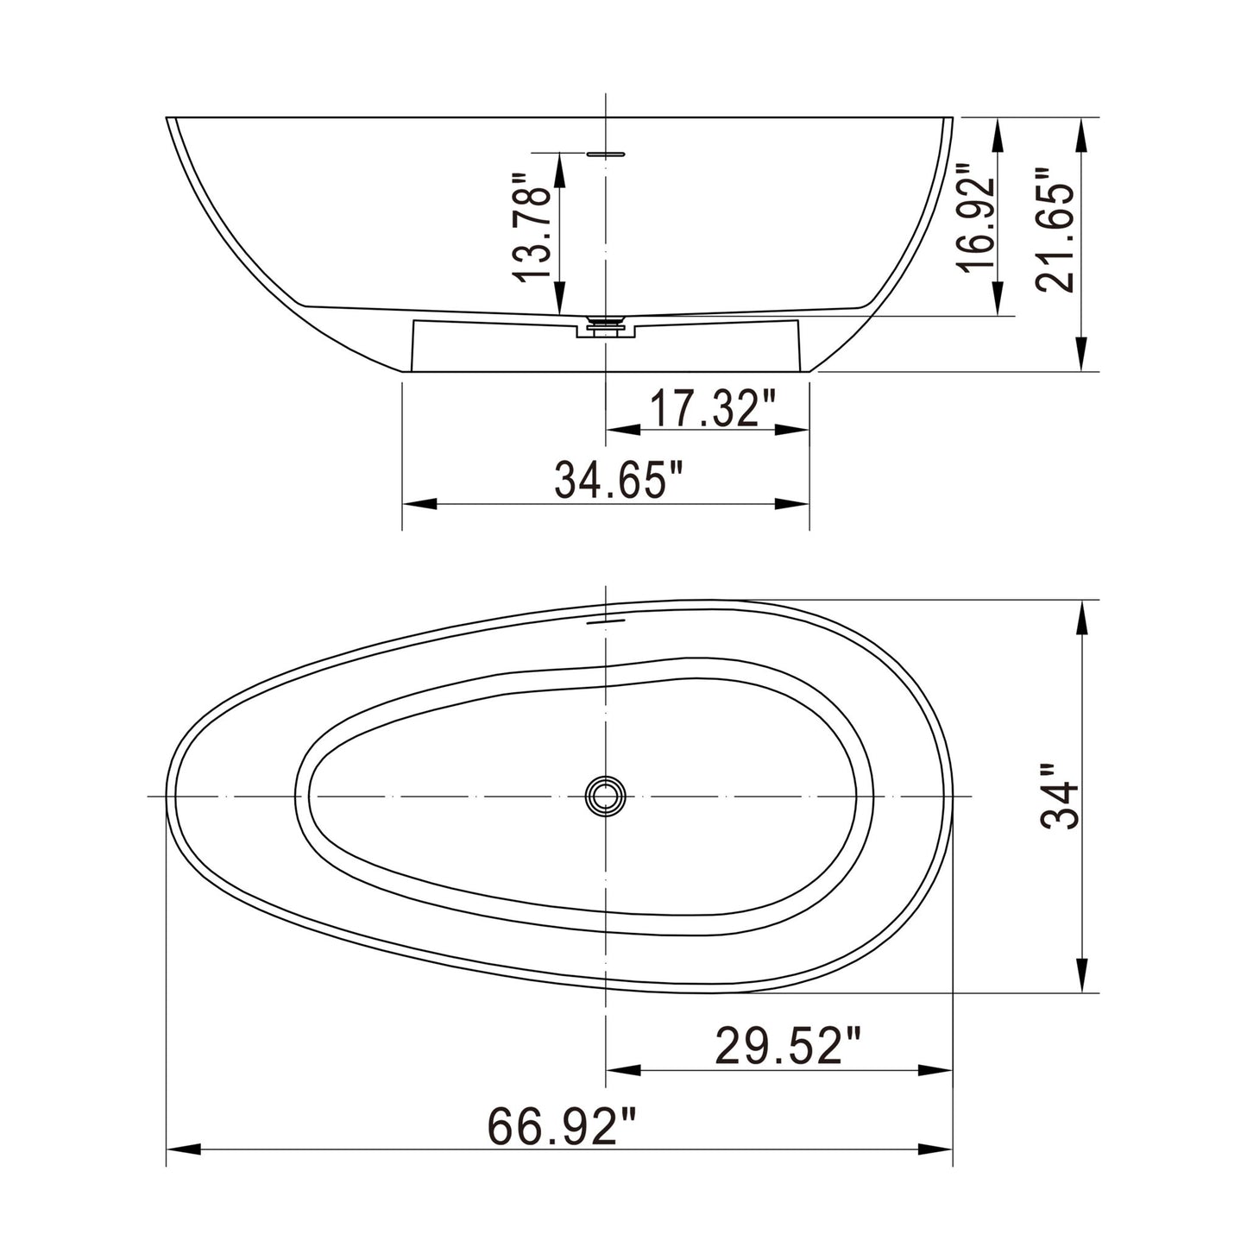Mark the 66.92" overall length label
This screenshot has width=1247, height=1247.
click(562, 1126)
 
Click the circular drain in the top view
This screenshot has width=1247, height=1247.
click(606, 795)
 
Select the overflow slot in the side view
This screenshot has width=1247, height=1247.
click(606, 154)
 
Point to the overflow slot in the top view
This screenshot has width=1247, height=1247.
click(606, 619)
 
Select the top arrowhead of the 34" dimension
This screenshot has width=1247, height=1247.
click(1079, 616)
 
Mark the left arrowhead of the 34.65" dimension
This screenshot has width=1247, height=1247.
click(419, 504)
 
